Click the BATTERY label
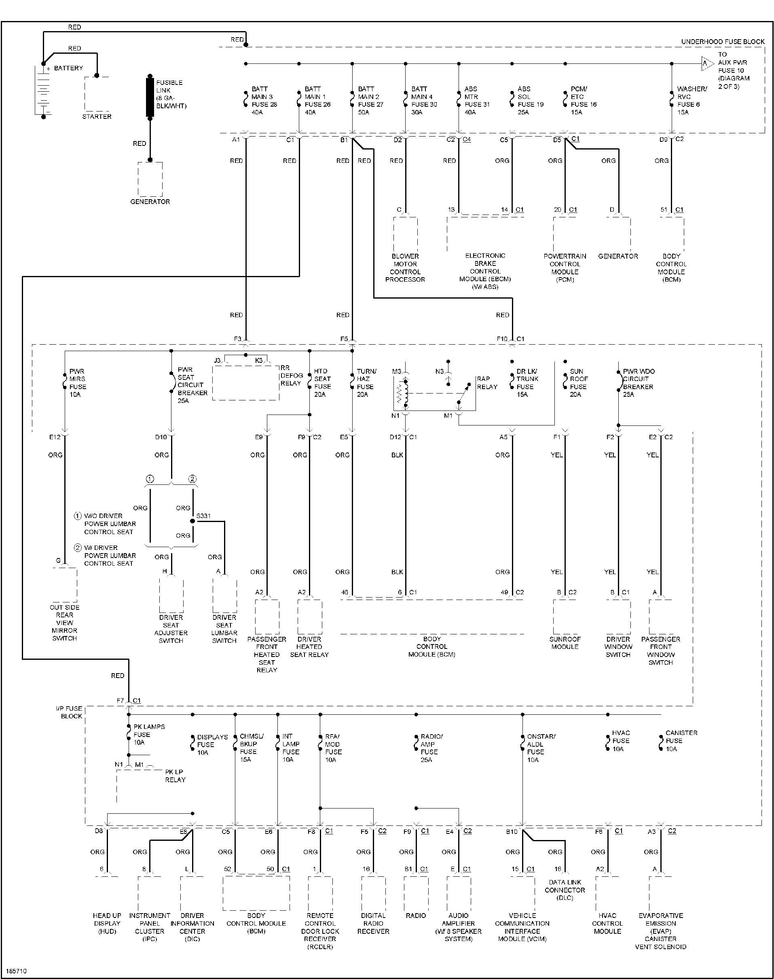68,68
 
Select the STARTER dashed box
97,94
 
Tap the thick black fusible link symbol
150,97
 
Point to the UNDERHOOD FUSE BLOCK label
723,42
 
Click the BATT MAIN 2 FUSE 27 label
371,101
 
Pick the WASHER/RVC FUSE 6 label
692,101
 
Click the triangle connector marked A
706,63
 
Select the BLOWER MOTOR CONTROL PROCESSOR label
405,267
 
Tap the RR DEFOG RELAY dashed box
245,382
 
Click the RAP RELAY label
487,383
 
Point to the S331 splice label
203,516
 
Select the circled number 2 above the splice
192,479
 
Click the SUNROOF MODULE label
565,643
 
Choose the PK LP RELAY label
175,776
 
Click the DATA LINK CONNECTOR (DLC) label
565,890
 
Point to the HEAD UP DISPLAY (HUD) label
107,923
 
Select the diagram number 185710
16,971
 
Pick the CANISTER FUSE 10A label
681,741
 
